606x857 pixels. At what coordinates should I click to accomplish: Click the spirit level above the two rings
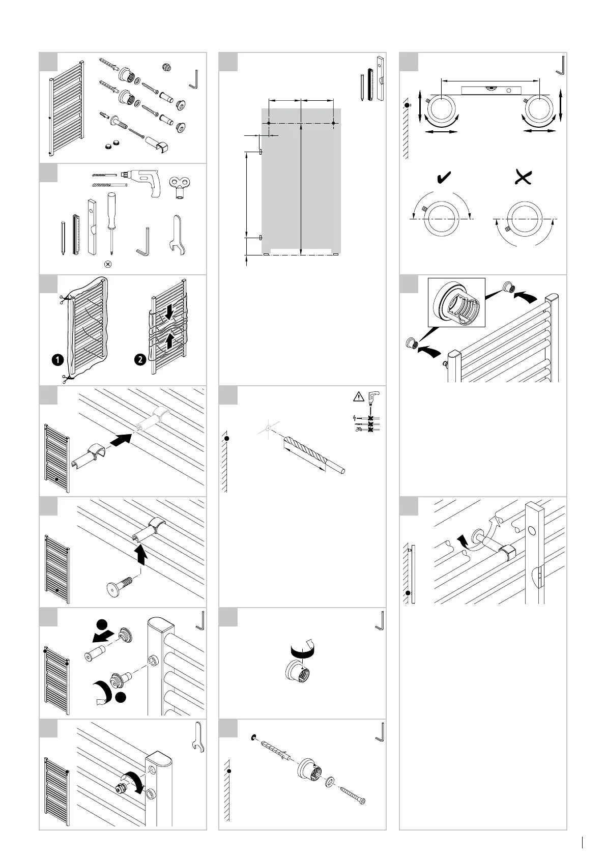(x=489, y=91)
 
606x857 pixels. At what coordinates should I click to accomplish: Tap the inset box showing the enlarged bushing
(x=456, y=302)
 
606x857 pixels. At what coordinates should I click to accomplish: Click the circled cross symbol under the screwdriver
(x=107, y=264)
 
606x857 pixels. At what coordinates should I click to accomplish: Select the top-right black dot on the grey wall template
(x=333, y=123)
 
